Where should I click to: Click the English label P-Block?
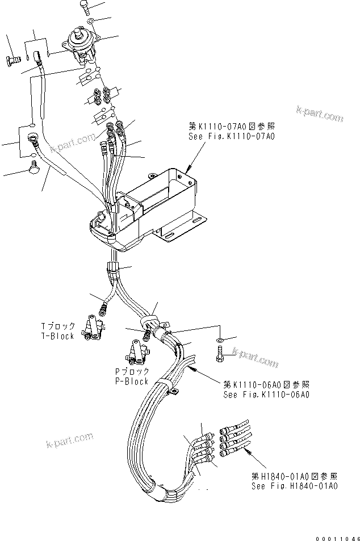[x=131, y=381]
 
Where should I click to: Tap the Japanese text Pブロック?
[x=131, y=372]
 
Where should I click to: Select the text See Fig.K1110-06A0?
[x=266, y=394]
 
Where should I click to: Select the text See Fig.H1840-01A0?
[x=295, y=486]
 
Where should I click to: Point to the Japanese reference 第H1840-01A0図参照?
[x=295, y=477]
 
